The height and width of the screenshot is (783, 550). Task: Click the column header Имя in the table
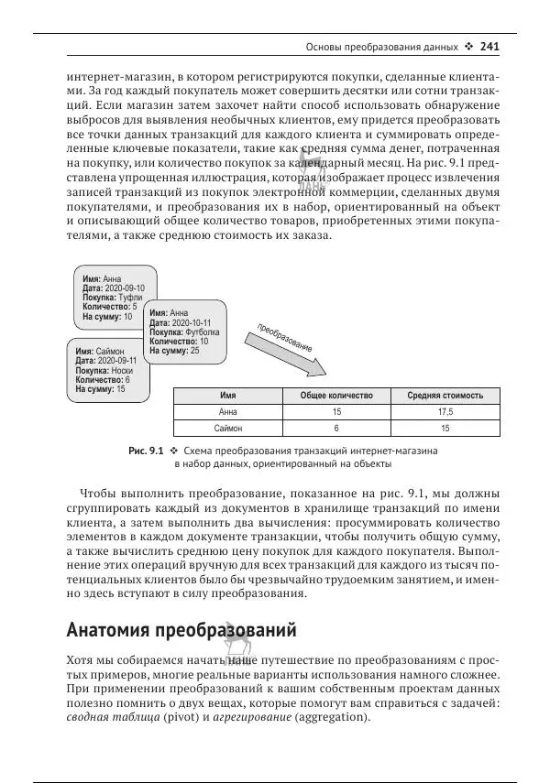pyautogui.click(x=228, y=396)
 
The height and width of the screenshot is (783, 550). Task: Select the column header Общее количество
pyautogui.click(x=336, y=396)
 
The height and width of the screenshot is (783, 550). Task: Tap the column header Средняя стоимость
pyautogui.click(x=445, y=396)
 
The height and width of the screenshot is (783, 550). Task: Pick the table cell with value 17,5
pyautogui.click(x=445, y=412)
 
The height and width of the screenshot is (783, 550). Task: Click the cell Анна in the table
pyautogui.click(x=228, y=412)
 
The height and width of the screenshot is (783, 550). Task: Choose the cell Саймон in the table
pyautogui.click(x=228, y=428)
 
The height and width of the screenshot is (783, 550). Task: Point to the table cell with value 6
pyautogui.click(x=336, y=428)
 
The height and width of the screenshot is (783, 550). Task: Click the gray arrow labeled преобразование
pyautogui.click(x=291, y=353)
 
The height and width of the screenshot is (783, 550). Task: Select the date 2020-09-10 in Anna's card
pyautogui.click(x=124, y=288)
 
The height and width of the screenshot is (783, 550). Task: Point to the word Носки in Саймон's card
pyautogui.click(x=122, y=370)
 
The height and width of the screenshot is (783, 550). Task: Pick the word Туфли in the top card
pyautogui.click(x=131, y=298)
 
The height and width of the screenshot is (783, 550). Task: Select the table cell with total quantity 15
pyautogui.click(x=336, y=412)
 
